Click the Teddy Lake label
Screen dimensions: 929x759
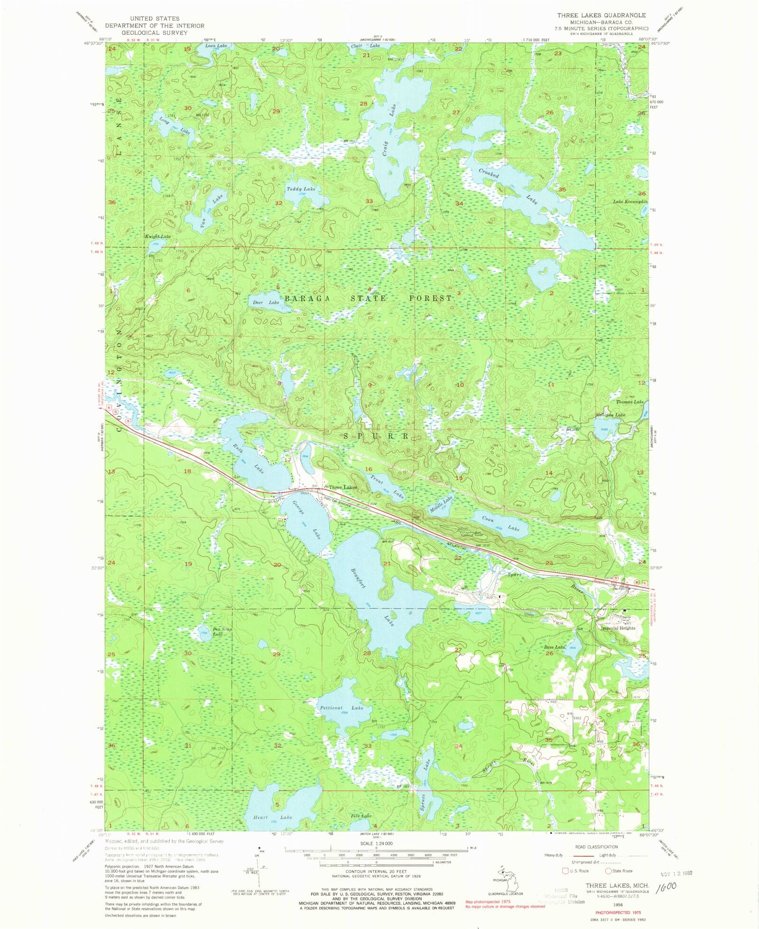[301, 189]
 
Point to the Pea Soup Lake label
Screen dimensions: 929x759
[221, 632]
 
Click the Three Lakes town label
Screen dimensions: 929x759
[342, 487]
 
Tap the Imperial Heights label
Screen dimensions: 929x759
[618, 628]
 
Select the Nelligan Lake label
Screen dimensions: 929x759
[611, 414]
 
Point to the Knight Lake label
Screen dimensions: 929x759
[158, 236]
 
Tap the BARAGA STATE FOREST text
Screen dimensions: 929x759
[368, 298]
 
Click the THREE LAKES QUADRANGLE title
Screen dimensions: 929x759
[601, 15]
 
